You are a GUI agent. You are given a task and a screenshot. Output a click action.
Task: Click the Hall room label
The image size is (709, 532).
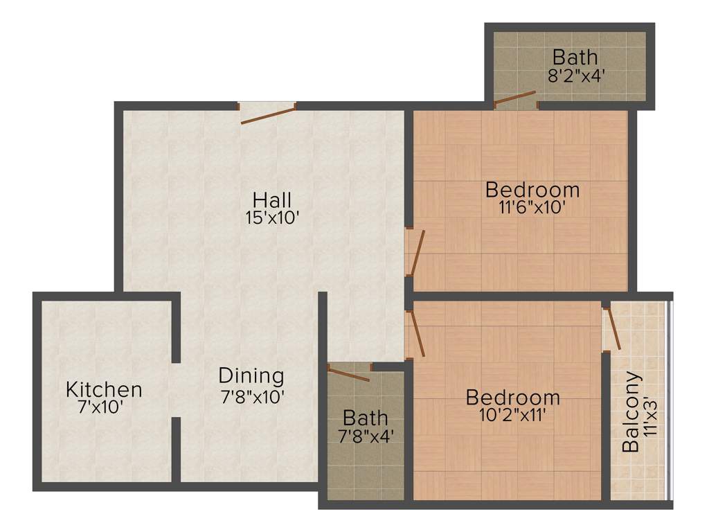[x=272, y=199]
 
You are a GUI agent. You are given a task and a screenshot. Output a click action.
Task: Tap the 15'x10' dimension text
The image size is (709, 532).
[x=272, y=218]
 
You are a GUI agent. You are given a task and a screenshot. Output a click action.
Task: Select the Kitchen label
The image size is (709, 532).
[x=104, y=389]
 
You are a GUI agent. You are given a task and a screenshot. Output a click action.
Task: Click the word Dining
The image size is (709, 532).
[x=251, y=376]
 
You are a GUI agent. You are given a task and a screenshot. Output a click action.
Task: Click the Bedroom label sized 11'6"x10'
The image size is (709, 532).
[x=532, y=188]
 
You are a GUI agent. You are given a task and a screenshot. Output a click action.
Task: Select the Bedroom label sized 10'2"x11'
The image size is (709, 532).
[x=513, y=398]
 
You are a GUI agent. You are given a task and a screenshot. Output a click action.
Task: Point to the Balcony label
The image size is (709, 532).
[x=631, y=412]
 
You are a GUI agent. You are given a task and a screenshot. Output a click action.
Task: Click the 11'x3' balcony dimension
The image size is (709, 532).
[x=649, y=415]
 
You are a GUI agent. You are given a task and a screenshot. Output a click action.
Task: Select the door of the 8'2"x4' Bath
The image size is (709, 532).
[x=514, y=100]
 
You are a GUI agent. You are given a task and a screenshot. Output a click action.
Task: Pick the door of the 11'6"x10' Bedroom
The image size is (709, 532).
[x=416, y=253]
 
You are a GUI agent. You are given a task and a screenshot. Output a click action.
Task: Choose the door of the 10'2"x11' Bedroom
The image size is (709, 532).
[x=415, y=333]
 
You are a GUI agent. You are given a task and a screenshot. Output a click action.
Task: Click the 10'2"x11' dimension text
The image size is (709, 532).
[x=513, y=416]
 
